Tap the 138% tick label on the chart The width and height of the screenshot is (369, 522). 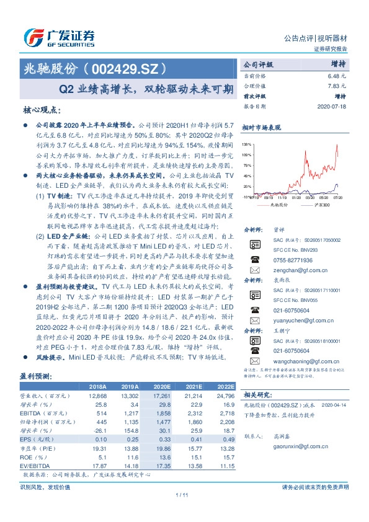click(x=246, y=143)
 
